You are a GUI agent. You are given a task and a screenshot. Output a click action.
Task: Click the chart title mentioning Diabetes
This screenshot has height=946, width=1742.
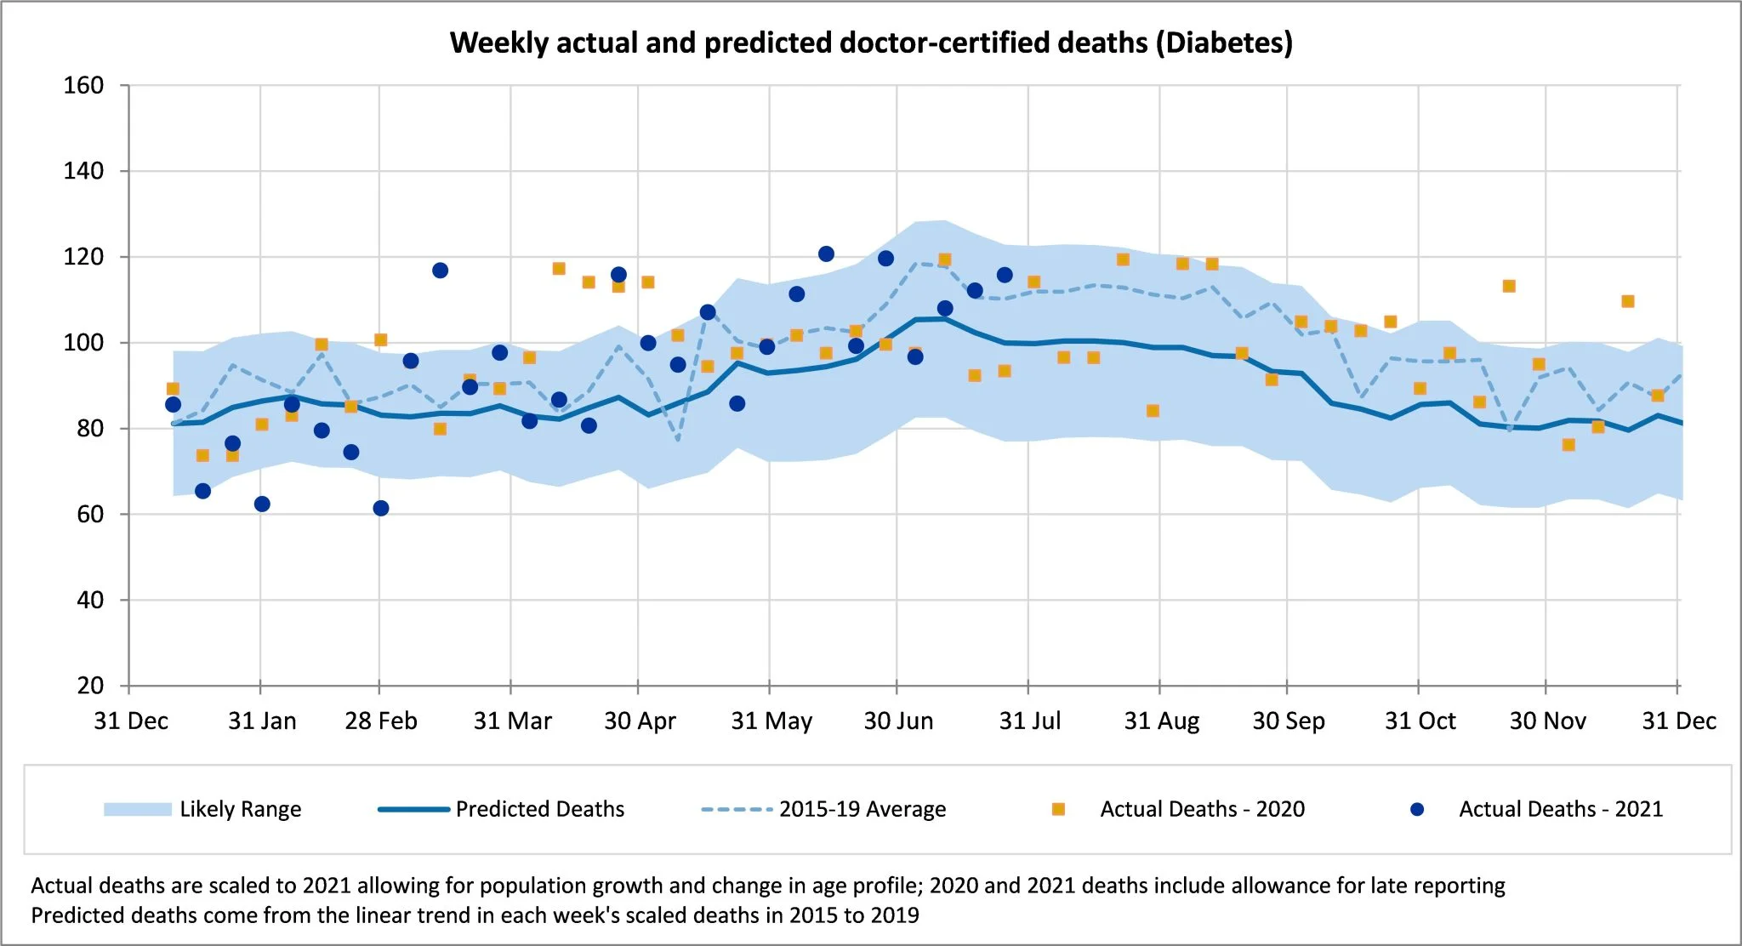point(871,43)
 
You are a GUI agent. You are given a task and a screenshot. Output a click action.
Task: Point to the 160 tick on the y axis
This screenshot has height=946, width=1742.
point(83,85)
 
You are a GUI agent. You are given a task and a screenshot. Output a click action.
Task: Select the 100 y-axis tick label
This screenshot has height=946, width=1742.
point(83,343)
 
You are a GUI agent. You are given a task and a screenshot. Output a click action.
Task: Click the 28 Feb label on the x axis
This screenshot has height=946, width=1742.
point(380,721)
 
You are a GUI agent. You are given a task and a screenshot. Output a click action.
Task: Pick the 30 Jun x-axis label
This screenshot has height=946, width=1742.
point(898,721)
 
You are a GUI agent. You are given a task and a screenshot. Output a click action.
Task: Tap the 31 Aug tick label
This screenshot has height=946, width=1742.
point(1161,721)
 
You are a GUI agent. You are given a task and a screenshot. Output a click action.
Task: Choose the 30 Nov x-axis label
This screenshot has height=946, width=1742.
point(1547,721)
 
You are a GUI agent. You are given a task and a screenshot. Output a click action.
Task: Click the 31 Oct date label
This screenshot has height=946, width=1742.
point(1420,721)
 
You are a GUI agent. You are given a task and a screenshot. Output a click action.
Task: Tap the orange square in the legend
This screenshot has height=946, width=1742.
point(1058,809)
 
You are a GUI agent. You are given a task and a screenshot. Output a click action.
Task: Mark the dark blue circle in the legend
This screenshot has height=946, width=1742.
point(1417,809)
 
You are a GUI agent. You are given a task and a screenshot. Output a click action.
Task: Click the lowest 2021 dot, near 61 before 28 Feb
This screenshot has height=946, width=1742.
point(381,508)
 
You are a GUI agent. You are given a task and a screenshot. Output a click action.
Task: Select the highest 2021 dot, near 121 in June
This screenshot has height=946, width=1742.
point(826,254)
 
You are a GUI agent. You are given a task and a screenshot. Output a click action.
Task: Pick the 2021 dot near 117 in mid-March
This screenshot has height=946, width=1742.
point(440,271)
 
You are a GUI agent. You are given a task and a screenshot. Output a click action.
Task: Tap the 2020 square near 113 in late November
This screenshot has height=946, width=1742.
point(1509,286)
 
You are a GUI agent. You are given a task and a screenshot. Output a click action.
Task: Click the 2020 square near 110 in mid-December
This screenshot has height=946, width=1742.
point(1628,301)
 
